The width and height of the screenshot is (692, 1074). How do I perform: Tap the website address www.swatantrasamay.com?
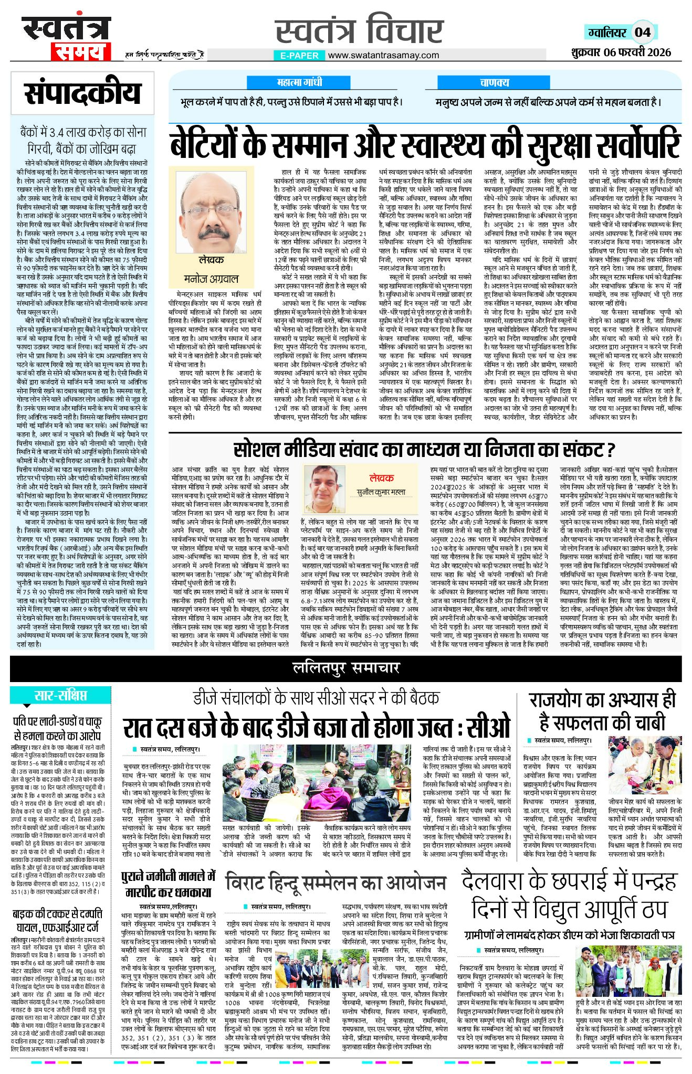click(383, 55)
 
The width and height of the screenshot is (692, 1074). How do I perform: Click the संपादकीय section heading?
click(82, 93)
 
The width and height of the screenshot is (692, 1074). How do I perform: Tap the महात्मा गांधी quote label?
click(299, 82)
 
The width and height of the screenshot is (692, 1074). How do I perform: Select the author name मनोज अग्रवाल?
click(211, 278)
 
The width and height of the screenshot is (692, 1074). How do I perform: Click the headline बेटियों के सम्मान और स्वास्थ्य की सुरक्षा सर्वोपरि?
click(425, 145)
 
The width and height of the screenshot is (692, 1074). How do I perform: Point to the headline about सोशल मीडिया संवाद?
click(424, 450)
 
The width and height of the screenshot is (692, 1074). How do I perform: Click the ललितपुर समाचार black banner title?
click(346, 668)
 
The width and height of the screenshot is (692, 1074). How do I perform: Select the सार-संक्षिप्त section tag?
click(60, 696)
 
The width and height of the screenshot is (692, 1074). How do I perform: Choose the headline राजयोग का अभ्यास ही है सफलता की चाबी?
click(602, 711)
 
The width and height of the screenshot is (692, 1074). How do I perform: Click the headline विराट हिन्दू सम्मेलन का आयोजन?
click(336, 883)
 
